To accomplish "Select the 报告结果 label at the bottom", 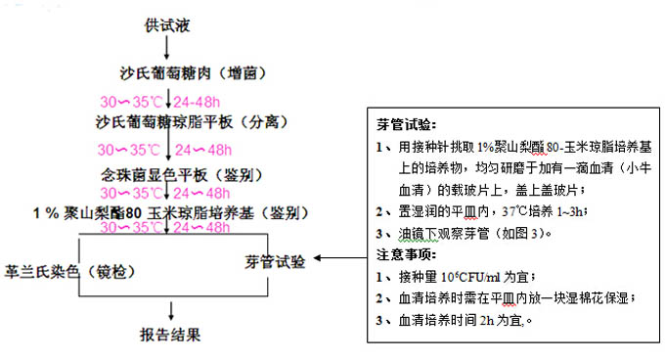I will point(170,336).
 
